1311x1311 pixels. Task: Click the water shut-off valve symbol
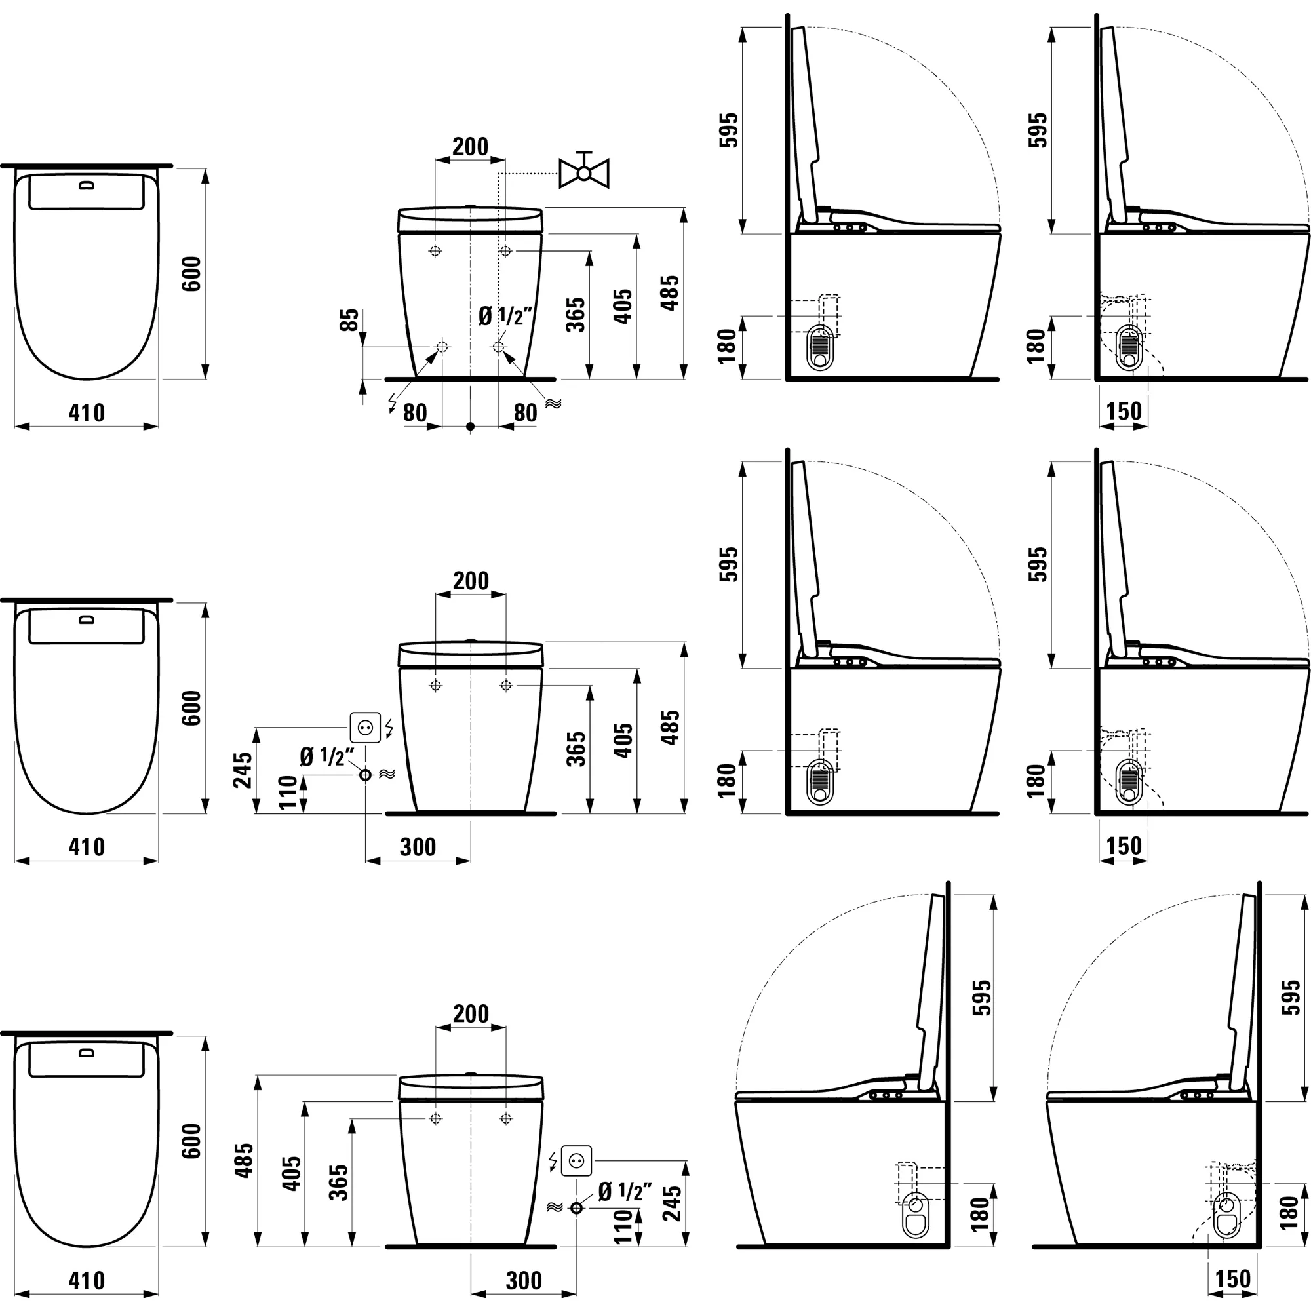tap(583, 172)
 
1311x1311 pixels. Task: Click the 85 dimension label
tap(349, 320)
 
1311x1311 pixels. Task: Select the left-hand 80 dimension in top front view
tap(415, 412)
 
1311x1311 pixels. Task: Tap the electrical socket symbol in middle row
tap(365, 728)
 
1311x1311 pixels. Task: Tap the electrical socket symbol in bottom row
tap(577, 1161)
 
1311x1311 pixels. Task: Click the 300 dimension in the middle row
tap(418, 847)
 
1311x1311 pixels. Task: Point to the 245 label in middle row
tap(243, 770)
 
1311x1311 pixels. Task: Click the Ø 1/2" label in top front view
tap(505, 316)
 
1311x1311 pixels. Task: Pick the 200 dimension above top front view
tap(470, 147)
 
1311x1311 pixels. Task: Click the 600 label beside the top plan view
tap(192, 274)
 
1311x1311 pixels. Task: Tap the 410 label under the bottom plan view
tap(87, 1280)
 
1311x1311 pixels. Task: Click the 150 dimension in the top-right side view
tap(1124, 411)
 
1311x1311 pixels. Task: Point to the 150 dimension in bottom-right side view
tap(1232, 1279)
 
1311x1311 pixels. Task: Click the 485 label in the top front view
tap(670, 293)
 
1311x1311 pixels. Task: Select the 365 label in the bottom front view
tap(339, 1182)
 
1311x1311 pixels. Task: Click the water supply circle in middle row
tap(365, 775)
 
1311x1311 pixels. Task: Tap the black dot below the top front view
tap(470, 427)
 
